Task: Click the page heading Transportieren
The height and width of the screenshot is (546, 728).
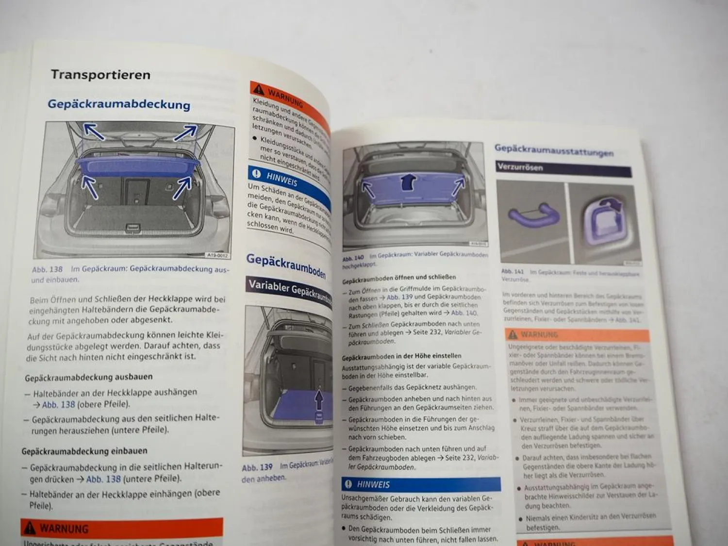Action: point(100,75)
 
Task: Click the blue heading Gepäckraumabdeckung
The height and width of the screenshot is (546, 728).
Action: point(119,104)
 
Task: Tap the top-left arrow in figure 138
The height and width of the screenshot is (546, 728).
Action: point(93,131)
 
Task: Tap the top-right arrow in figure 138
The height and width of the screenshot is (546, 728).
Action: point(185,132)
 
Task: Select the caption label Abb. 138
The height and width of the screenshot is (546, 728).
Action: point(47,269)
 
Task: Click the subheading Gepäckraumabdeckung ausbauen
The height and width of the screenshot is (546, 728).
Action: point(89,377)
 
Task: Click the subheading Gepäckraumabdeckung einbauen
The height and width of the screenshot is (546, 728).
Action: point(84,451)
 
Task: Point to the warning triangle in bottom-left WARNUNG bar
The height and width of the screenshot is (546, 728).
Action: point(30,528)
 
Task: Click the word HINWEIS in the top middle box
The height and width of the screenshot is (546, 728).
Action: point(281,180)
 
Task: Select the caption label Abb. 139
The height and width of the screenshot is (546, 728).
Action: point(257,467)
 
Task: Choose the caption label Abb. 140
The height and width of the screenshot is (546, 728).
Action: point(353,258)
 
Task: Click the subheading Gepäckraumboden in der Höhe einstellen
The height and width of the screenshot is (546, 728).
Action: point(401,356)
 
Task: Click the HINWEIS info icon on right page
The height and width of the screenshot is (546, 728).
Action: point(348,484)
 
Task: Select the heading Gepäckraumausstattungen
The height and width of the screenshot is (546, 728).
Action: point(554,150)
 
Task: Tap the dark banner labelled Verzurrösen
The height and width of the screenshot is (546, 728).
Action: point(563,168)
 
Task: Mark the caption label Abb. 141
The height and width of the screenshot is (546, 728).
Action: point(513,272)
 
